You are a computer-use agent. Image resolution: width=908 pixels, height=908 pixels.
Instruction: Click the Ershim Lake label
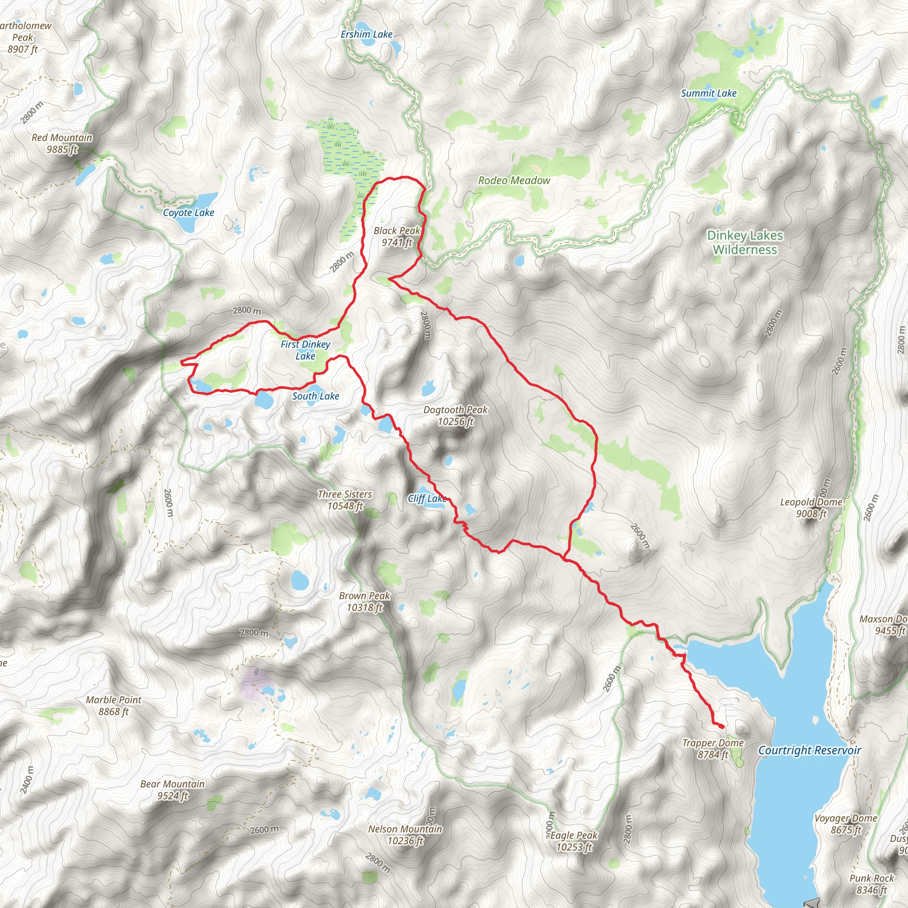click(x=366, y=34)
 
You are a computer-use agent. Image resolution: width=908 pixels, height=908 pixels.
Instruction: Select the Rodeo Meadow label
click(x=514, y=180)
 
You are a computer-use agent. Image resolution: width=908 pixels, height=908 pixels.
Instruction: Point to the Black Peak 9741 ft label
click(x=397, y=236)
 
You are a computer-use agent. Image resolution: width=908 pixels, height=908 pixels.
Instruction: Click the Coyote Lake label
click(x=188, y=212)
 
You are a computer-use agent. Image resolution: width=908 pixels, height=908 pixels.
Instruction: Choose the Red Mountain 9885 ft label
click(x=62, y=143)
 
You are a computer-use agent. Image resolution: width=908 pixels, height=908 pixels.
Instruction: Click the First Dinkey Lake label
click(x=305, y=350)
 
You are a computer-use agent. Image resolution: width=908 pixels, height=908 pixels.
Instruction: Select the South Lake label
click(x=315, y=396)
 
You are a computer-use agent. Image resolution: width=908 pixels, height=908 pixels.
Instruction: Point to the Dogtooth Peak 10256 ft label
click(x=455, y=415)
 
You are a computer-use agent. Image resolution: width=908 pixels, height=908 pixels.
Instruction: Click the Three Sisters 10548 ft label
click(x=345, y=500)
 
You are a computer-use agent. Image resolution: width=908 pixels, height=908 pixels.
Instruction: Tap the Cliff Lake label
click(x=427, y=499)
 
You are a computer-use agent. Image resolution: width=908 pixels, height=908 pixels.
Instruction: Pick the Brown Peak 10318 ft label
click(x=364, y=602)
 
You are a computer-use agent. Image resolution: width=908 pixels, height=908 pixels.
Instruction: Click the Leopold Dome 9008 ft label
click(x=811, y=508)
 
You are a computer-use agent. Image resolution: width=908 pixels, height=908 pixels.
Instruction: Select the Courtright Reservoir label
click(x=809, y=751)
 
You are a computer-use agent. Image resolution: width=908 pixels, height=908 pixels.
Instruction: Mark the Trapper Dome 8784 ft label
click(x=712, y=749)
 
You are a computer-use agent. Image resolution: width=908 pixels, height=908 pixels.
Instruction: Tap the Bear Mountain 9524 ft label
click(x=172, y=790)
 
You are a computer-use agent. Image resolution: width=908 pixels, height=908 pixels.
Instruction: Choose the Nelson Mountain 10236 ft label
click(x=405, y=835)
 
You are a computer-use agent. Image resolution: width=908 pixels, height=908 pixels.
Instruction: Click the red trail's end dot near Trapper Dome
click(x=721, y=727)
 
